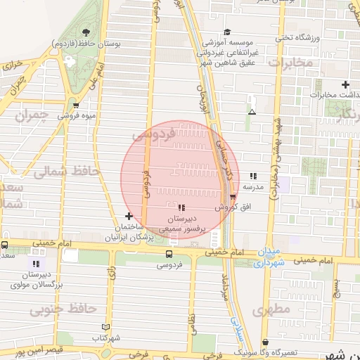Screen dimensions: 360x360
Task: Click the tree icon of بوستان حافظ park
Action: [86, 33]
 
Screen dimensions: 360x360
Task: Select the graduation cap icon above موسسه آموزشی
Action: [227, 32]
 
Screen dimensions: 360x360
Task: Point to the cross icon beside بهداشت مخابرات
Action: [345, 84]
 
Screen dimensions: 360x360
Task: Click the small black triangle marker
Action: [252, 111]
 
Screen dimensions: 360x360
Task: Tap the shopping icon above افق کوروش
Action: [233, 196]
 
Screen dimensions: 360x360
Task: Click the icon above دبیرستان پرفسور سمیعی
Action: [182, 207]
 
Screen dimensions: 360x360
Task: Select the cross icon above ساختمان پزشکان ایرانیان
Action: [128, 216]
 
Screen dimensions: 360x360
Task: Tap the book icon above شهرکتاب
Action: [106, 327]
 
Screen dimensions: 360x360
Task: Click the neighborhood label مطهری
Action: [273, 309]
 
